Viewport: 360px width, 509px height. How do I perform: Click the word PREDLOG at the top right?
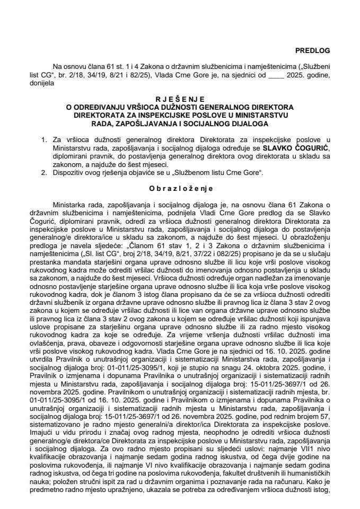[312, 50]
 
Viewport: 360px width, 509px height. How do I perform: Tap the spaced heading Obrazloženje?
[179, 189]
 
